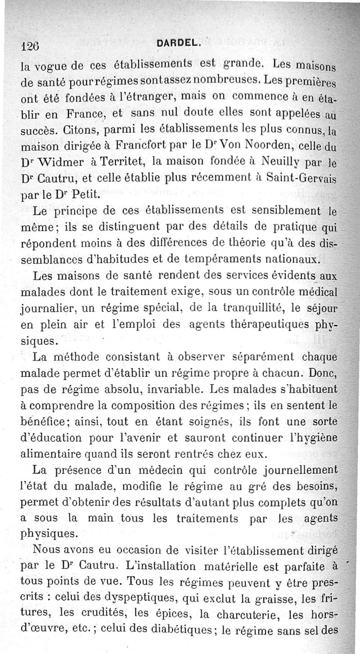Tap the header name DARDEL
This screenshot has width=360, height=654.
pyautogui.click(x=176, y=43)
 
